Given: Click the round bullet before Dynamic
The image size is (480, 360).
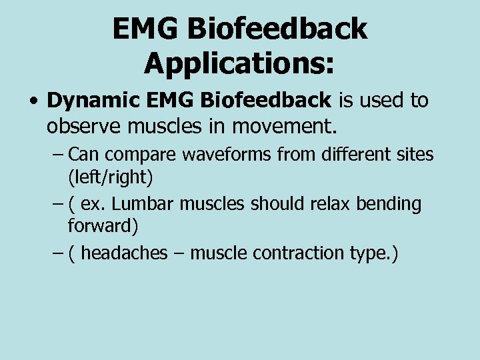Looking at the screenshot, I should [x=33, y=102].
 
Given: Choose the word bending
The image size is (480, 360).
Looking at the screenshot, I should [x=389, y=204].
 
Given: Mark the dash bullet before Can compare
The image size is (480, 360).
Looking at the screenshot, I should [x=57, y=155].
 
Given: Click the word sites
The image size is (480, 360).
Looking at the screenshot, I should [x=415, y=155].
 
